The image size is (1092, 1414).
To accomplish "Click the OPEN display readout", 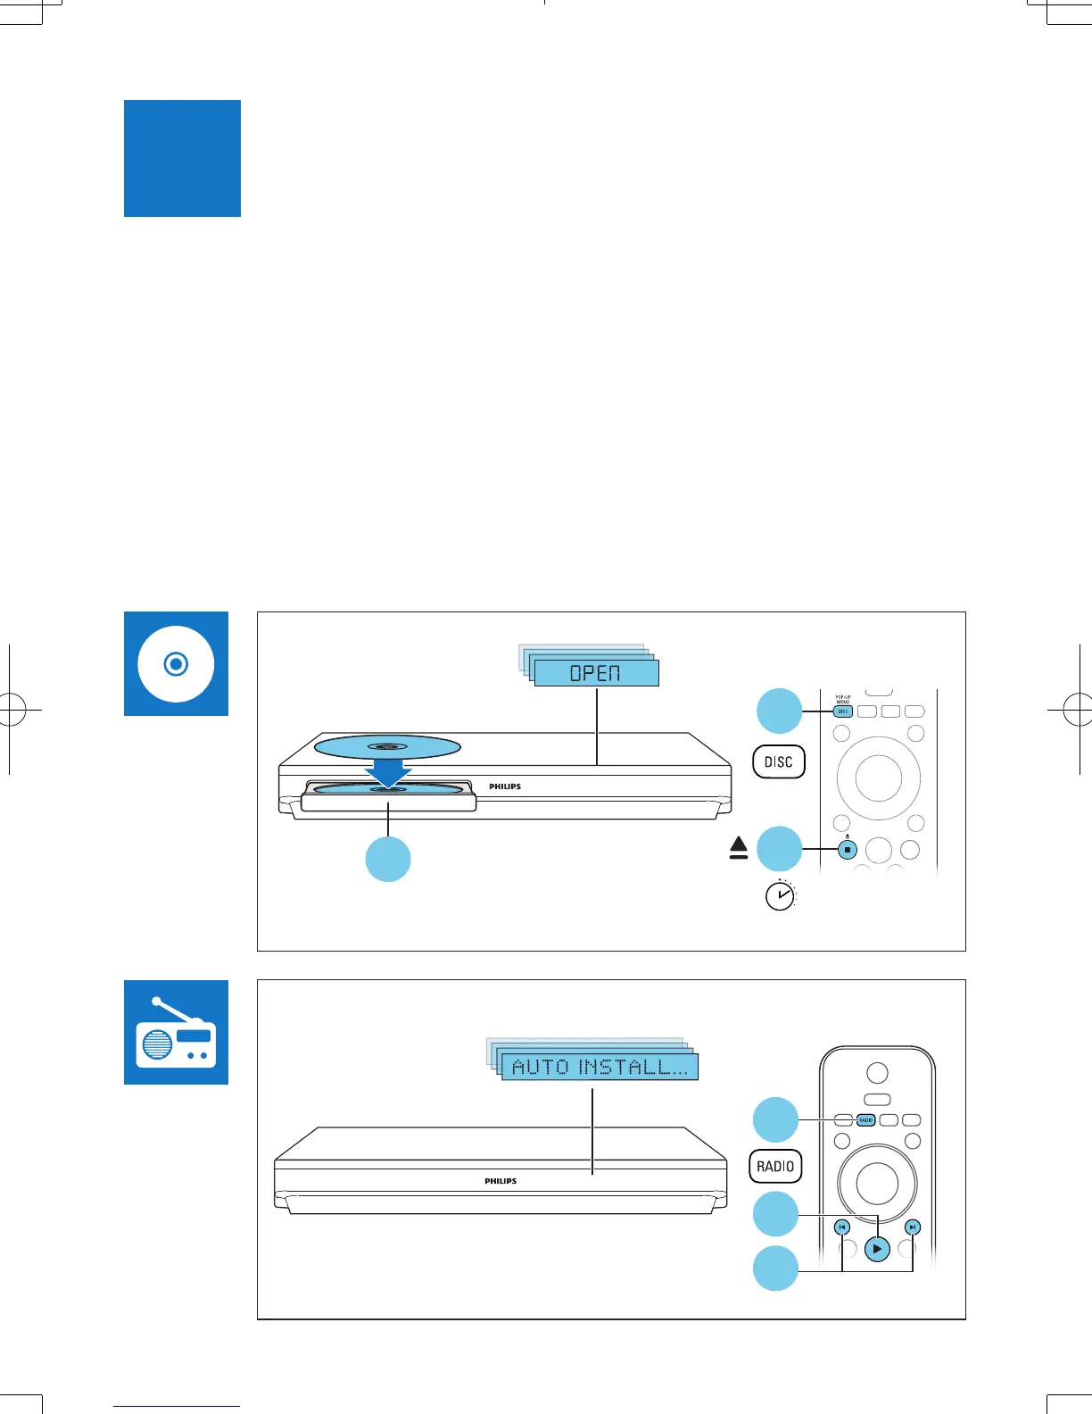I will [x=596, y=672].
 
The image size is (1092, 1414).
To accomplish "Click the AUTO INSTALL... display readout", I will [x=600, y=1067].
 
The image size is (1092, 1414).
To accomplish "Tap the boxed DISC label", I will [x=779, y=761].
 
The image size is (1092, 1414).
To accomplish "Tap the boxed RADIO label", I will [x=775, y=1166].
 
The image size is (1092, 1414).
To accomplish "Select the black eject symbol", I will [x=738, y=848].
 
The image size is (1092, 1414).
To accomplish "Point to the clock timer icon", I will [x=781, y=894].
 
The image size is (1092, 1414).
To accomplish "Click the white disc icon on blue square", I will [x=176, y=663].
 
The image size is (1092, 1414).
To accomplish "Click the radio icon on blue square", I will [x=176, y=1033].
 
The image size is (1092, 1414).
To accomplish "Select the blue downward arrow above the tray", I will [x=388, y=769].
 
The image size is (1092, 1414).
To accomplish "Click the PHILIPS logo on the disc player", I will [x=505, y=786].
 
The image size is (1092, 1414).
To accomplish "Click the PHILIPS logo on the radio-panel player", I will [x=500, y=1181].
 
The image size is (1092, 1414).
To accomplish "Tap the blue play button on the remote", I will [x=877, y=1249].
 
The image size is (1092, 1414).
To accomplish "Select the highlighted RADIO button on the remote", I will [x=865, y=1119].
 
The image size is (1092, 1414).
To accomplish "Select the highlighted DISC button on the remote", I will [x=843, y=711].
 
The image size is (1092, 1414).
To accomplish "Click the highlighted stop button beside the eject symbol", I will [x=847, y=850].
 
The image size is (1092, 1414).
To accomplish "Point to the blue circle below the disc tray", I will [x=388, y=860].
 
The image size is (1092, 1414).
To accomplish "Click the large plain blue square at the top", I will [x=182, y=158].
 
